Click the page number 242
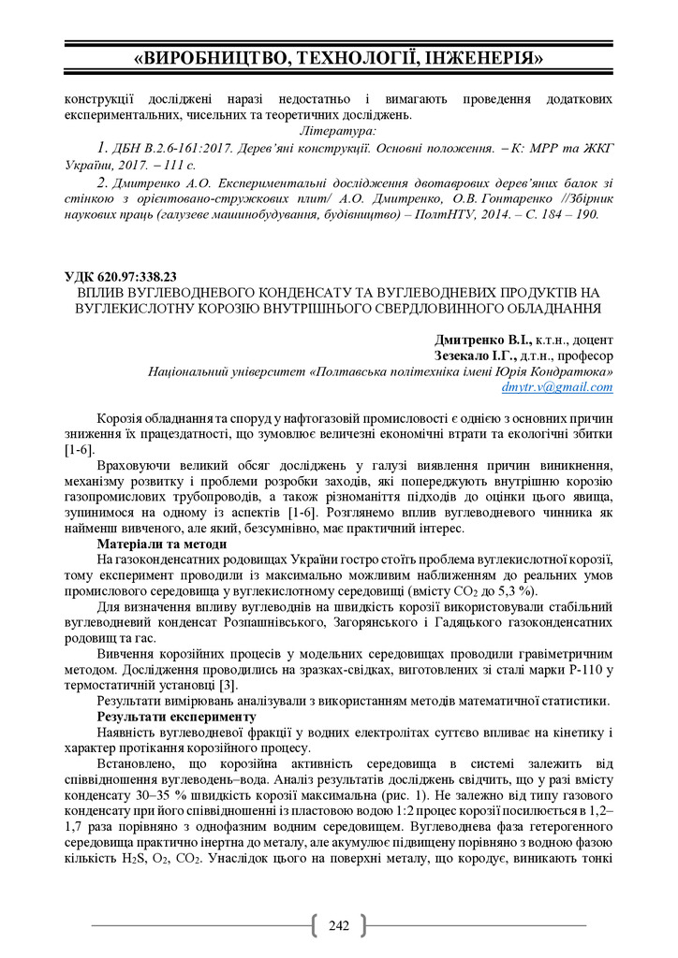pyautogui.click(x=339, y=926)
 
